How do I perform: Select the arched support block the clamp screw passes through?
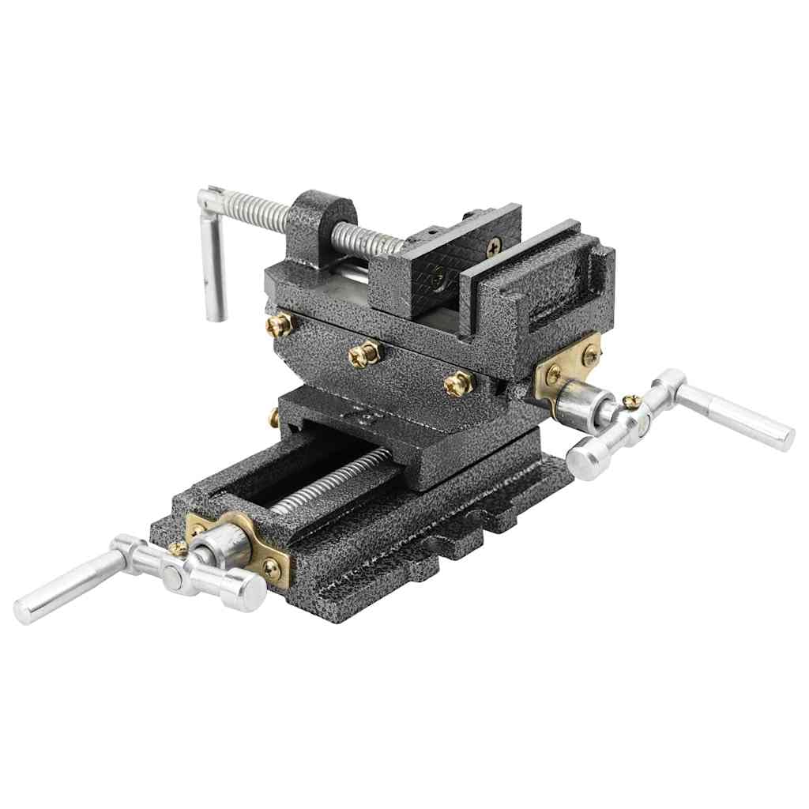tap(320, 220)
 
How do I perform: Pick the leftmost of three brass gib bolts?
tap(279, 324)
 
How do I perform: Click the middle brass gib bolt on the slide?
tap(365, 353)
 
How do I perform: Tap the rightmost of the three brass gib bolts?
tap(457, 383)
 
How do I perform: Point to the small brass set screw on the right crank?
tap(630, 402)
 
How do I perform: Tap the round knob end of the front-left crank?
tap(243, 589)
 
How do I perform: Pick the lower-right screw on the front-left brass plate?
tap(272, 566)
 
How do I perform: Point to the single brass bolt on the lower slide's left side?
tap(273, 416)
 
